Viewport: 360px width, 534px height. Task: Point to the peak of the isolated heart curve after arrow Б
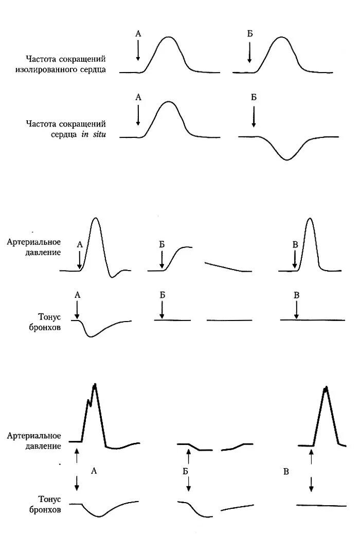(x=281, y=38)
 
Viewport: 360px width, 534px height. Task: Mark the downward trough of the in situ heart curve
(x=287, y=159)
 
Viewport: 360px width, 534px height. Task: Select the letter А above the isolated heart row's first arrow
(x=138, y=33)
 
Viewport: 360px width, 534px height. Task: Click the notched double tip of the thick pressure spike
(x=93, y=388)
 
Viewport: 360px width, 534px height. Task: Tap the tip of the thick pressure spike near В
(x=325, y=388)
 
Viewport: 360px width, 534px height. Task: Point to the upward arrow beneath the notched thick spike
(x=77, y=455)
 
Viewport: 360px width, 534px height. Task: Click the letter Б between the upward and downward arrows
(x=184, y=471)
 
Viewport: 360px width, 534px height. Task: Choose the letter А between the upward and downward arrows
(x=93, y=470)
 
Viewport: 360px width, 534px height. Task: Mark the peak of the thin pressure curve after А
(x=95, y=219)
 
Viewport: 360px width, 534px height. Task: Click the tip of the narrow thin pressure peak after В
(x=309, y=219)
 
